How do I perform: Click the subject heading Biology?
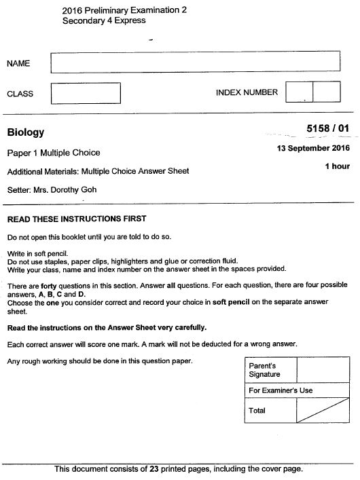25,132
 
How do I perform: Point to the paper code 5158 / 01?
328,128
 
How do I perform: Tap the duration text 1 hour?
337,166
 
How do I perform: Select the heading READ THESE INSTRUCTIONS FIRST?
76,219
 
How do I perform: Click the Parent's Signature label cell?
270,370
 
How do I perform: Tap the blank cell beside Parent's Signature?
324,370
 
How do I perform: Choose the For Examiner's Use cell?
281,390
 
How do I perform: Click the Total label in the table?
258,411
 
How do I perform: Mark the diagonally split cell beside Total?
324,411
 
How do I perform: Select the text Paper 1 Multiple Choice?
54,152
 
